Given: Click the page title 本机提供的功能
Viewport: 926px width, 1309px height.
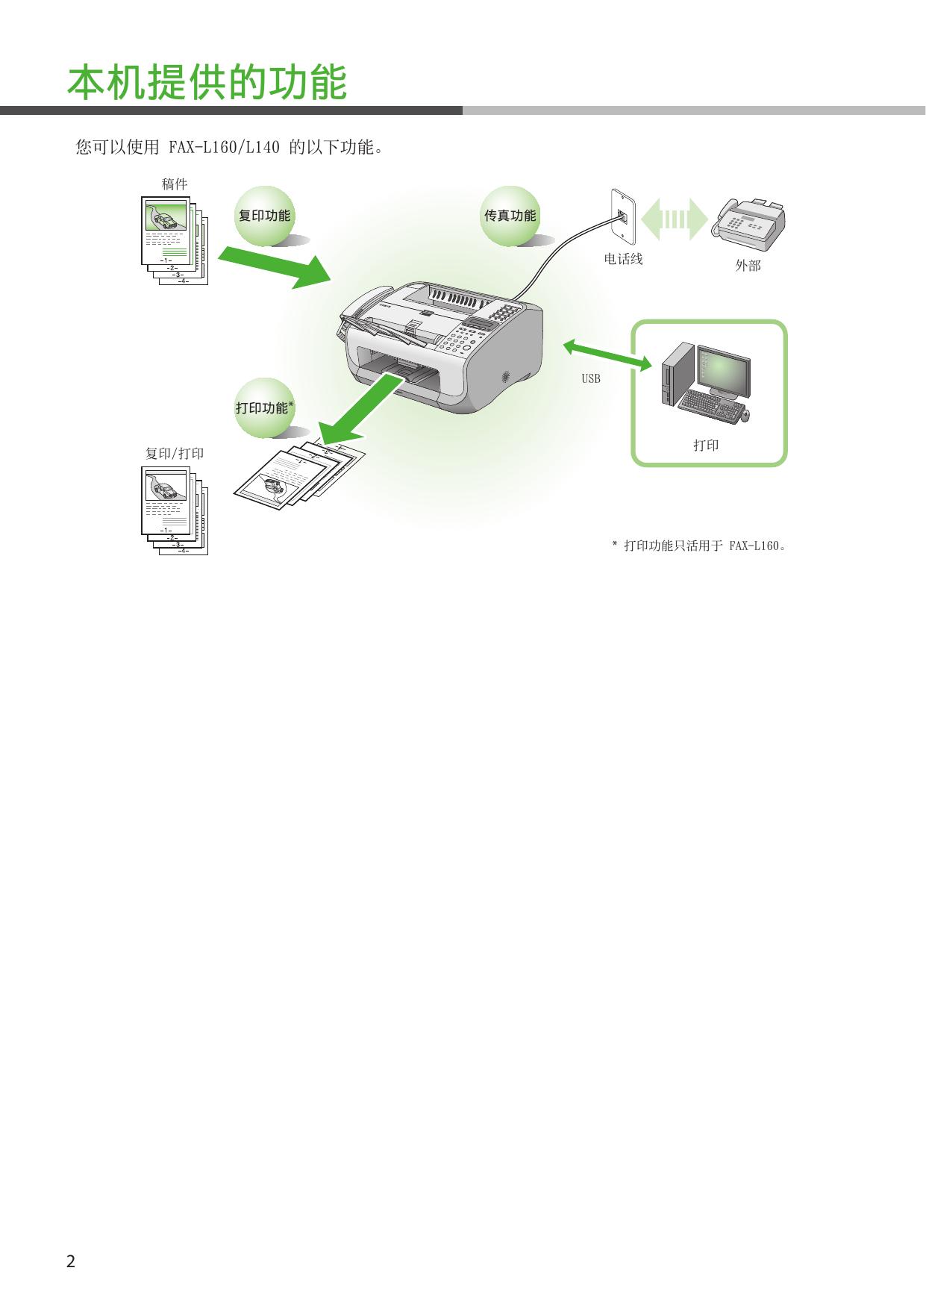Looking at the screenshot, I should [207, 82].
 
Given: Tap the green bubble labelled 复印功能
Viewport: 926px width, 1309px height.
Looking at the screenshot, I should [264, 216].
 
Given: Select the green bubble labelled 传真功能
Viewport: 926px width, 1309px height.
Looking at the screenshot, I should [510, 216].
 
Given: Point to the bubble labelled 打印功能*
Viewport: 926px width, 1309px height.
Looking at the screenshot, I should [264, 407].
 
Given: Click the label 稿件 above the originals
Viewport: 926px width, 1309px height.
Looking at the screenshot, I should [175, 184].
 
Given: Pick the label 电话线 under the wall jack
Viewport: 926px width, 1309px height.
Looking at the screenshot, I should [623, 260].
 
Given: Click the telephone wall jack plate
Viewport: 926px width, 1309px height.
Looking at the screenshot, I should [622, 217].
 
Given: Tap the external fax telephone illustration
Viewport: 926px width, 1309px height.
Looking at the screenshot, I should [750, 221].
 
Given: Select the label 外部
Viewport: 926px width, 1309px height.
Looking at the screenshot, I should [748, 265].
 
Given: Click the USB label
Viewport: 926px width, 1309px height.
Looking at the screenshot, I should [590, 379].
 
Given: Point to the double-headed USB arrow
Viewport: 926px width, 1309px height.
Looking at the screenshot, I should [607, 354].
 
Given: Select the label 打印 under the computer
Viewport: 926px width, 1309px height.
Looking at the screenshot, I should [706, 446].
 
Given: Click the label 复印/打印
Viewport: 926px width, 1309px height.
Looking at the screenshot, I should [175, 454].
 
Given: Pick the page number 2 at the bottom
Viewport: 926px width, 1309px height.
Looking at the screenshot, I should [71, 1262].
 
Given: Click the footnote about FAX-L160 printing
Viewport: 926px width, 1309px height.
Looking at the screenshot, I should [701, 546].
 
